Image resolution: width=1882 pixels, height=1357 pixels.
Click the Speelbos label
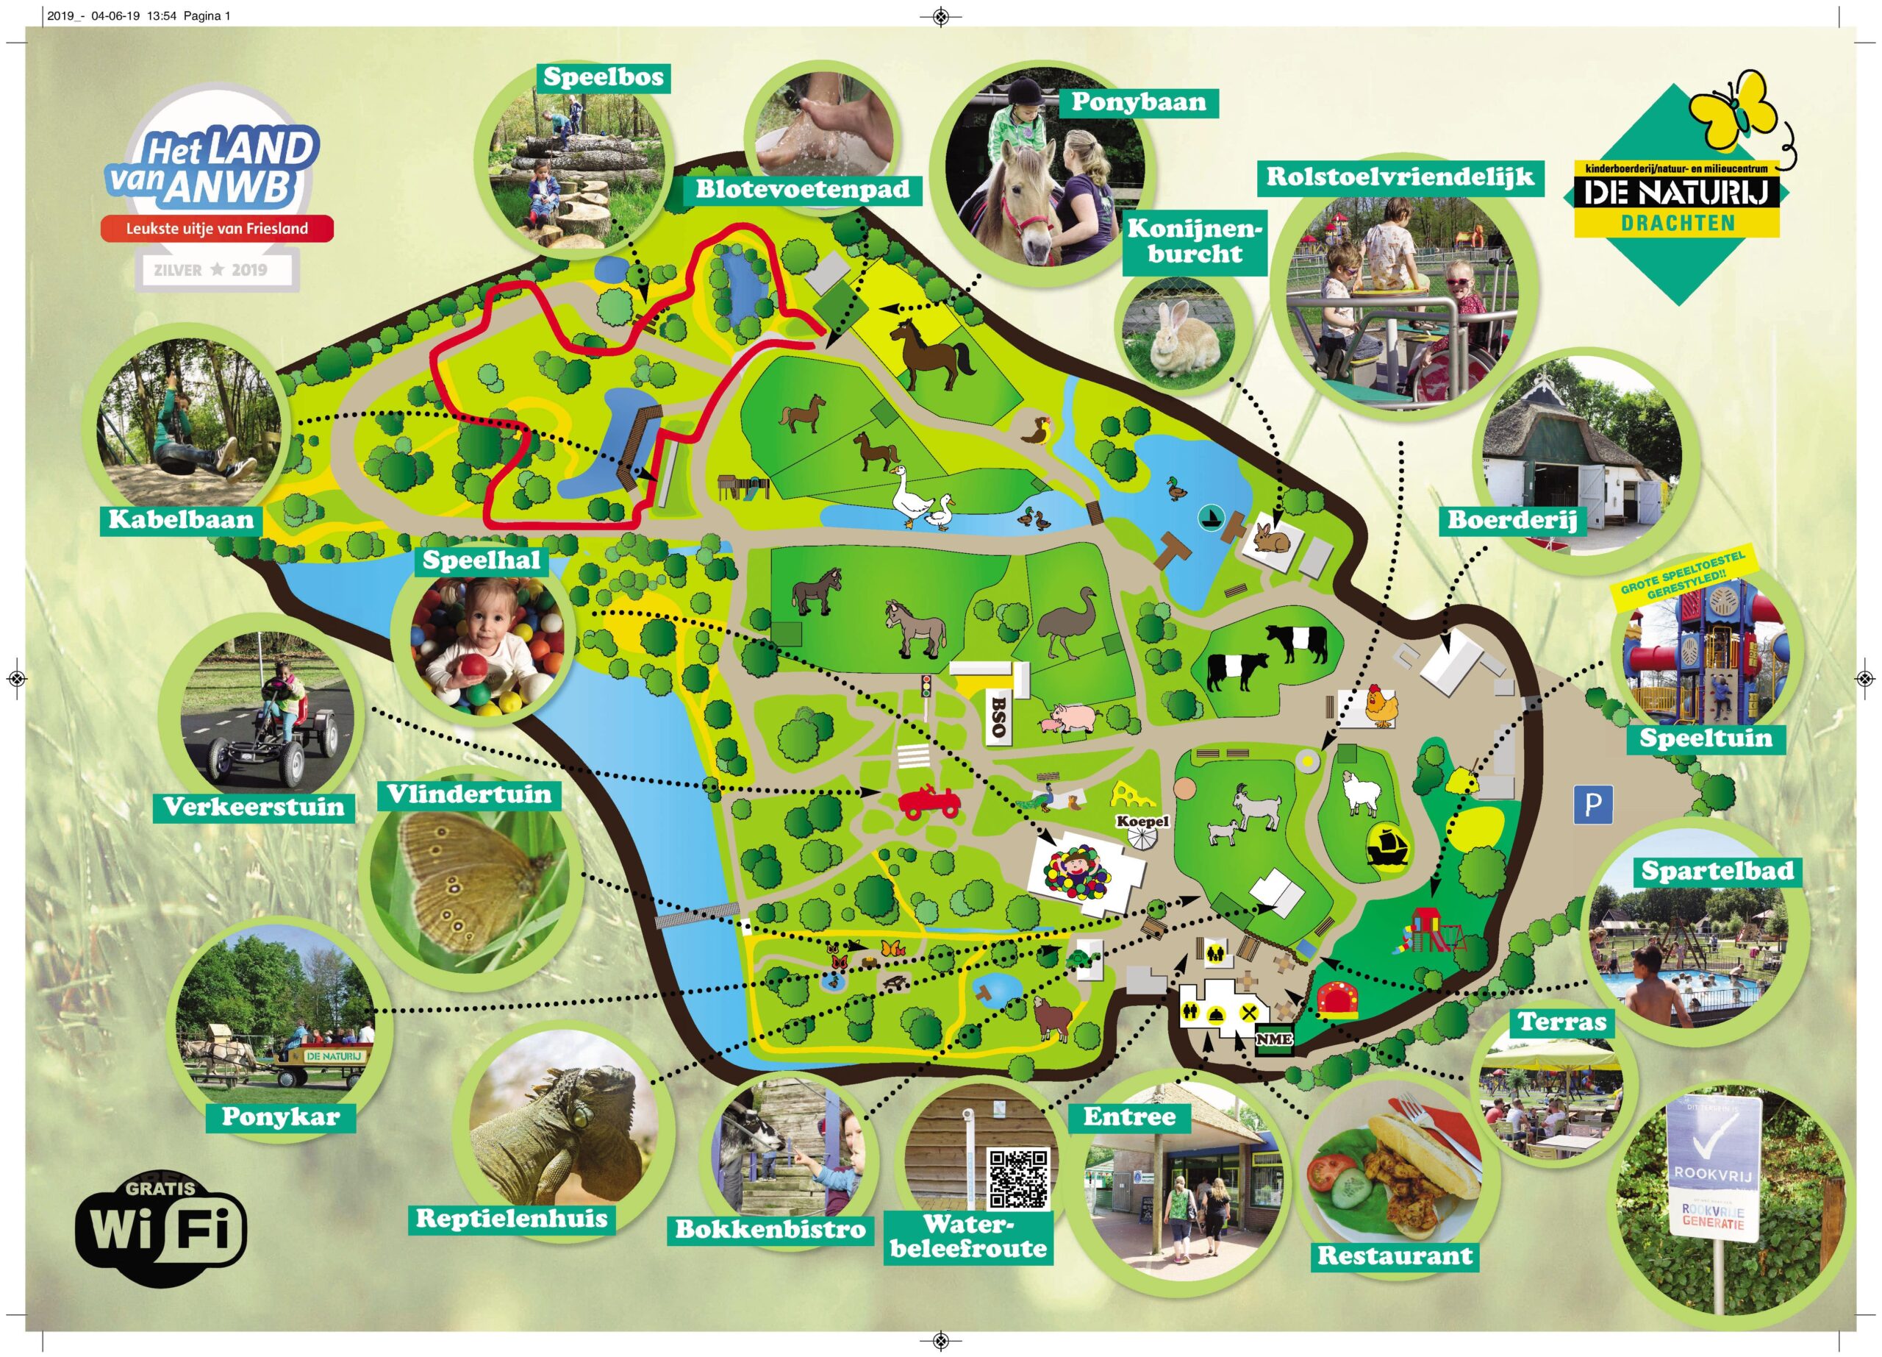click(x=604, y=78)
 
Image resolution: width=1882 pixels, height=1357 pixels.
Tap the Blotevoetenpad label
click(x=802, y=189)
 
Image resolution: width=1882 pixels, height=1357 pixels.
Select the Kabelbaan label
click(x=181, y=521)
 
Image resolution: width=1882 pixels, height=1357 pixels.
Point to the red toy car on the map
click(x=929, y=802)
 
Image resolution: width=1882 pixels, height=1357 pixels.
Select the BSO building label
click(x=998, y=716)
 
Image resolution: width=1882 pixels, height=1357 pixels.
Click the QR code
click(x=1018, y=1178)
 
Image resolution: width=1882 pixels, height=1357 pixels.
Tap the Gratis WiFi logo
click(x=161, y=1229)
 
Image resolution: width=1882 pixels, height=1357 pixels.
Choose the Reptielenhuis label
click(x=511, y=1219)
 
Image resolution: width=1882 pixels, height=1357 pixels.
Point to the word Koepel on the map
click(x=1142, y=822)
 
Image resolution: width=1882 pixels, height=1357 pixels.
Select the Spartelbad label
click(x=1717, y=872)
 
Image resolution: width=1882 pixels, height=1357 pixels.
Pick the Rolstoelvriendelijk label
click(x=1400, y=177)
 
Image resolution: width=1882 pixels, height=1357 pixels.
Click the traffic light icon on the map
click(x=926, y=685)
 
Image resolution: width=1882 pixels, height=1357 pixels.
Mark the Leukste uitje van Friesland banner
click(x=217, y=228)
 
